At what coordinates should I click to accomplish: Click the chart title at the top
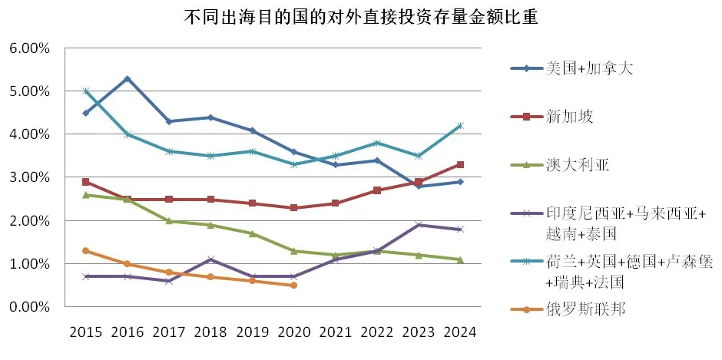tap(361, 15)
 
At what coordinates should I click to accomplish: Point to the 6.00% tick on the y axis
tap(29, 48)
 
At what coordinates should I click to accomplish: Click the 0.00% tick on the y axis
tap(29, 307)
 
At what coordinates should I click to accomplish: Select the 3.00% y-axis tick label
tap(29, 177)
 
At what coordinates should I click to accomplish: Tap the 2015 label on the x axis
tap(85, 332)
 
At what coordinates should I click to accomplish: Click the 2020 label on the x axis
tap(293, 332)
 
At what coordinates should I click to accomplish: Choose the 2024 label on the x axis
tap(460, 332)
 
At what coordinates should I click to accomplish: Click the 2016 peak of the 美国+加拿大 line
tap(128, 78)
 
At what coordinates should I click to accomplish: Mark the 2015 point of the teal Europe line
tap(86, 91)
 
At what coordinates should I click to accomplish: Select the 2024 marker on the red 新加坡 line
tap(460, 164)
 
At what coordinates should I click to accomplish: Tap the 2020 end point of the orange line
tap(293, 286)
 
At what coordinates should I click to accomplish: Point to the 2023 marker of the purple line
tap(419, 225)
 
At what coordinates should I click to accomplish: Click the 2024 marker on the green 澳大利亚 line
tap(460, 259)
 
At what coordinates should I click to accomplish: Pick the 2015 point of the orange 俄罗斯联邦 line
tap(86, 250)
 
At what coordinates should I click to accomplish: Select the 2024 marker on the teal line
tap(460, 126)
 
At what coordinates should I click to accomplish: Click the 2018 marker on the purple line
tap(210, 259)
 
